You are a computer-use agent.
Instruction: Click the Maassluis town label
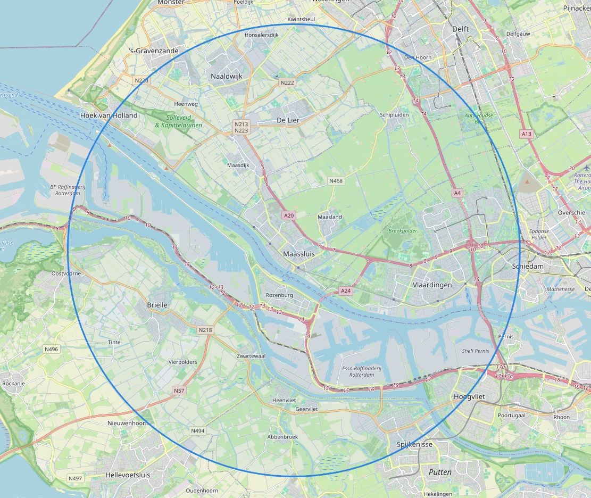[x=299, y=254]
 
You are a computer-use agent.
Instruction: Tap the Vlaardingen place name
[x=432, y=285]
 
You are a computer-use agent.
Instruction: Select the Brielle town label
[x=157, y=305]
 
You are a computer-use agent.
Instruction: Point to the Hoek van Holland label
[x=109, y=115]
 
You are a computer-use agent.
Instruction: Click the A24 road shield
[x=346, y=290]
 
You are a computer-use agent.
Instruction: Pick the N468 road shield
[x=336, y=181]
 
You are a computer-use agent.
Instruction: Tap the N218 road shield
[x=205, y=330]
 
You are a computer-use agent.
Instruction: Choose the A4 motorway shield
[x=457, y=193]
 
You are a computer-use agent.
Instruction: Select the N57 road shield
[x=179, y=391]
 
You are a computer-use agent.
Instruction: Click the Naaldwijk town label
[x=226, y=76]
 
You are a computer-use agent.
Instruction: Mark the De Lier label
[x=288, y=120]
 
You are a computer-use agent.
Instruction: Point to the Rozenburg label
[x=279, y=295]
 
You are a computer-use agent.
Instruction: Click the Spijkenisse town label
[x=414, y=444]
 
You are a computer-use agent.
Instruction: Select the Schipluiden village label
[x=394, y=114]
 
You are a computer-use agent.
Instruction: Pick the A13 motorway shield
[x=526, y=134]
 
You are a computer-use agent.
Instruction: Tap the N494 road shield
[x=197, y=430]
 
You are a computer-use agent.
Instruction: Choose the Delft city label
[x=461, y=29]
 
